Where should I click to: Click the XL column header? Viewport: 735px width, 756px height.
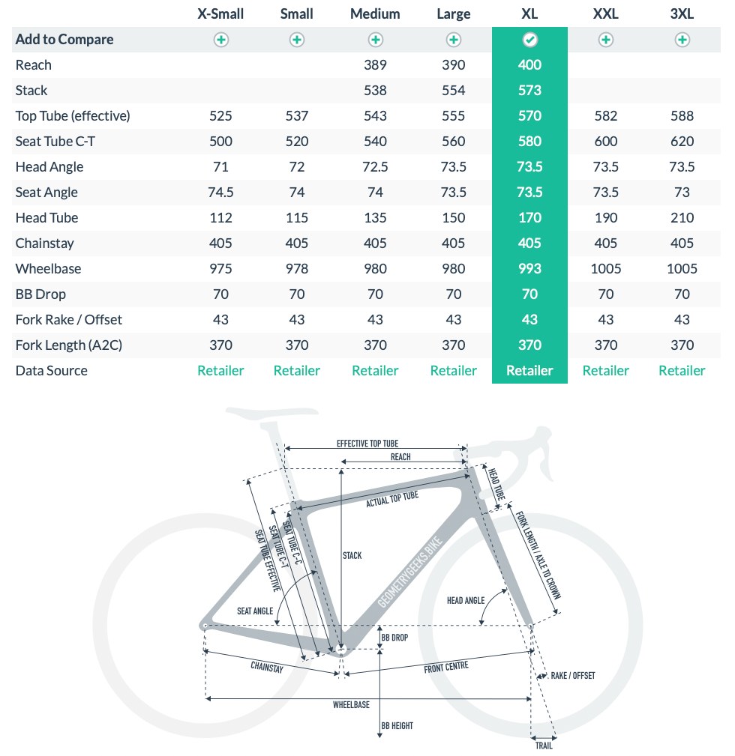pyautogui.click(x=529, y=13)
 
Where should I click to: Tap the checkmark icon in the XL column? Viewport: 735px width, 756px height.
pyautogui.click(x=529, y=40)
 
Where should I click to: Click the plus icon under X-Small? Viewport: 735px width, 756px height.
pyautogui.click(x=220, y=40)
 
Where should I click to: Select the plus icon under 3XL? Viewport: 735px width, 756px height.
pyautogui.click(x=682, y=40)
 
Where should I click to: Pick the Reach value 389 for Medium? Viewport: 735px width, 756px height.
pyautogui.click(x=375, y=65)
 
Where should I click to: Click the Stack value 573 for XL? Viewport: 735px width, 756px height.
pyautogui.click(x=529, y=91)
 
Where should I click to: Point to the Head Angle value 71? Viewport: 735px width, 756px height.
pyautogui.click(x=220, y=167)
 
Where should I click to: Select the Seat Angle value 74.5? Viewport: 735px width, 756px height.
pyautogui.click(x=220, y=193)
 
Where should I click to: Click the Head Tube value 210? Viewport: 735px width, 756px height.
pyautogui.click(x=682, y=218)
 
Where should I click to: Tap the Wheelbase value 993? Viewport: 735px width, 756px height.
pyautogui.click(x=529, y=269)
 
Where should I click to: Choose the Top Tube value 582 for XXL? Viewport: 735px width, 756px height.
pyautogui.click(x=606, y=116)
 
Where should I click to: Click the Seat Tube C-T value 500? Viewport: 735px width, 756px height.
pyautogui.click(x=220, y=142)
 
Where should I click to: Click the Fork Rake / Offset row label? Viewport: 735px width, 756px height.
pyautogui.click(x=69, y=320)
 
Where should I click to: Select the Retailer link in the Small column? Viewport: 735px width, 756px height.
pyautogui.click(x=297, y=371)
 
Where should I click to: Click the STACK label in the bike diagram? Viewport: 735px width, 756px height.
pyautogui.click(x=352, y=556)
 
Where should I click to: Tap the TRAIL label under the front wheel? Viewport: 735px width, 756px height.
pyautogui.click(x=544, y=746)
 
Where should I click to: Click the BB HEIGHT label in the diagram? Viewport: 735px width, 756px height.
pyautogui.click(x=397, y=726)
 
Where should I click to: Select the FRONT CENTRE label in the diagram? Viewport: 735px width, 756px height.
pyautogui.click(x=446, y=667)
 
